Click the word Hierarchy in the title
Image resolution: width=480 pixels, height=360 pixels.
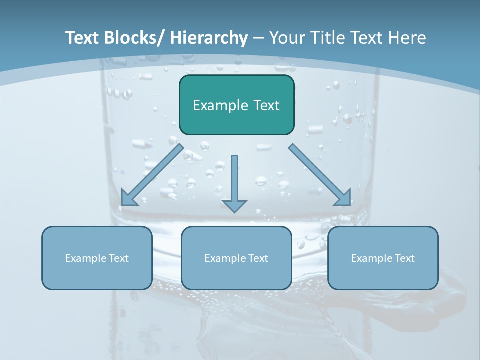click(209, 38)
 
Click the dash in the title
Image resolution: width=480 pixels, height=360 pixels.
click(258, 38)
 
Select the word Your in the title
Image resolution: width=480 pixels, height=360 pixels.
click(286, 38)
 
